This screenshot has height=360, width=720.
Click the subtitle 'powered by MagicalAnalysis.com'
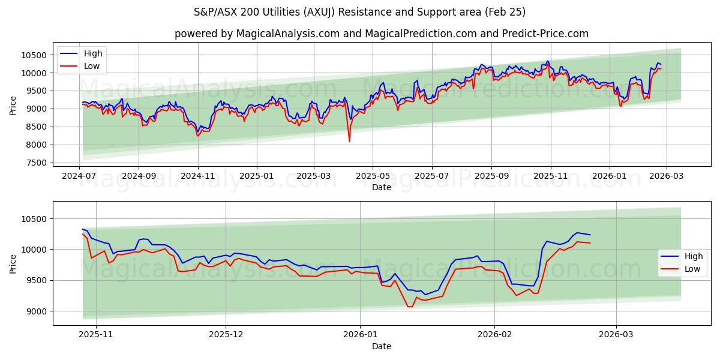[381, 34]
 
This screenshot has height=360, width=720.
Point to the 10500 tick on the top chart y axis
[34, 55]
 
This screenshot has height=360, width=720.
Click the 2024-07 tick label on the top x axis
[80, 176]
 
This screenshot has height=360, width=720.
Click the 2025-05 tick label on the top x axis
[373, 176]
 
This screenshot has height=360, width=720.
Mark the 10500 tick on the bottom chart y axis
[34, 219]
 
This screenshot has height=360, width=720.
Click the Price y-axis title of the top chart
[13, 105]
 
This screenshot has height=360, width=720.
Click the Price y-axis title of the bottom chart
[13, 263]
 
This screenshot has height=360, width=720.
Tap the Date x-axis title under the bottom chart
[381, 346]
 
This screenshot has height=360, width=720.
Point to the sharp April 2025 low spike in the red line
[349, 141]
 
